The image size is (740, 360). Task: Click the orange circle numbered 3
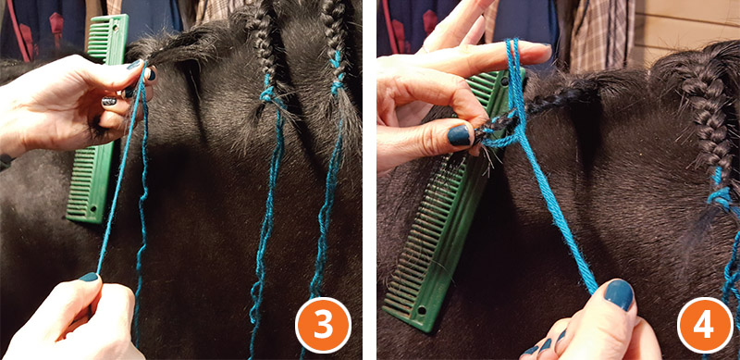[x=323, y=324]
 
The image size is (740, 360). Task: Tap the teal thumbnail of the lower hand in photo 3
[x=88, y=277]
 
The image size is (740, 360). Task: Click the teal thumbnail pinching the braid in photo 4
[x=460, y=136]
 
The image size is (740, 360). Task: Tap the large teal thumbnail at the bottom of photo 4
[x=617, y=295]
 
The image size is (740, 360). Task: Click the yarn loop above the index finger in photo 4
[x=511, y=56]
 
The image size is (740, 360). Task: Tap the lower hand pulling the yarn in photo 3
[x=65, y=319]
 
